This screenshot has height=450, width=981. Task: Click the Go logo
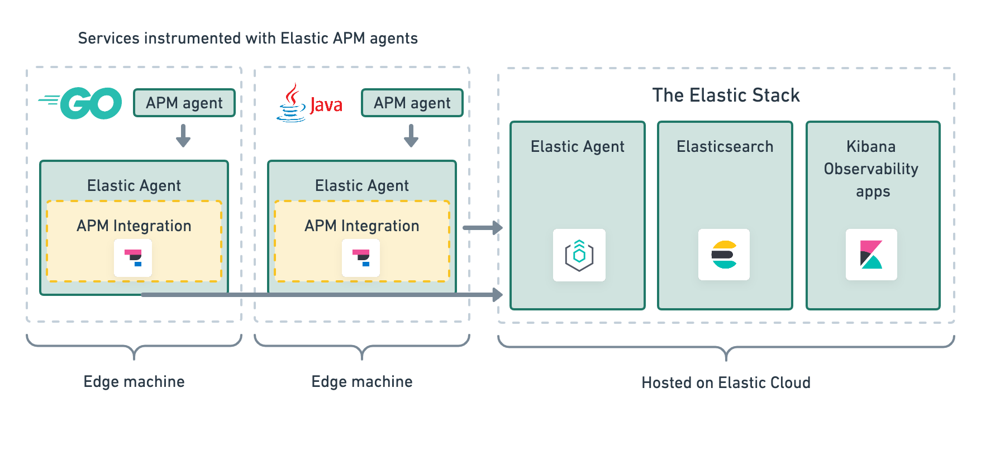point(81,103)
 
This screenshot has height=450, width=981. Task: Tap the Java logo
point(309,103)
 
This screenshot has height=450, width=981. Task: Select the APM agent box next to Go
point(184,103)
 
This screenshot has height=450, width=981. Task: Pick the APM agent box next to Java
point(412,103)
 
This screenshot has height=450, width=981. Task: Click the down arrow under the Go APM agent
point(183,136)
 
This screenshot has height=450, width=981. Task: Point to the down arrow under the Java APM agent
point(411,136)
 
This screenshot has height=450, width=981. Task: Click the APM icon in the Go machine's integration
point(133,257)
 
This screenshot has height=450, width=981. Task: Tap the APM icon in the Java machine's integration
point(361,257)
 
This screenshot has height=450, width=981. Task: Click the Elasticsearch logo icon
point(724,255)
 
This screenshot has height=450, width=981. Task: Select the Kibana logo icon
point(872,255)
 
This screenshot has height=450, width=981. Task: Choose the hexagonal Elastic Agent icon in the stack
point(579,255)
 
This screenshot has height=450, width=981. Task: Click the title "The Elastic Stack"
point(726,95)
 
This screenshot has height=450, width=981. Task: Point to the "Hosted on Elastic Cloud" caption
point(726,382)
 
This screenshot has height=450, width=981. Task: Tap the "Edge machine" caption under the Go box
point(134,381)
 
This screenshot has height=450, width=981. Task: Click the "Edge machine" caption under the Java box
point(362,381)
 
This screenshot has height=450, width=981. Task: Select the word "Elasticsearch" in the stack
point(725,146)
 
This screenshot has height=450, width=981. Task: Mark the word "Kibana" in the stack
point(871,146)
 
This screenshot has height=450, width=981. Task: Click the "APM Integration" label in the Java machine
point(362,226)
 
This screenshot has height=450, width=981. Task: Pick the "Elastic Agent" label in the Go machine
point(134,185)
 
